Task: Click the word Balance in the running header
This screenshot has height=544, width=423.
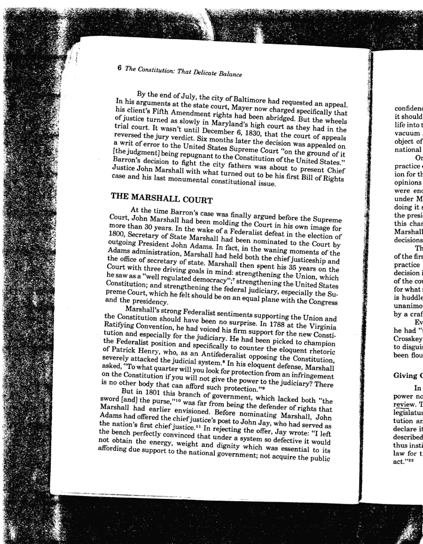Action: [x=228, y=74]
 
